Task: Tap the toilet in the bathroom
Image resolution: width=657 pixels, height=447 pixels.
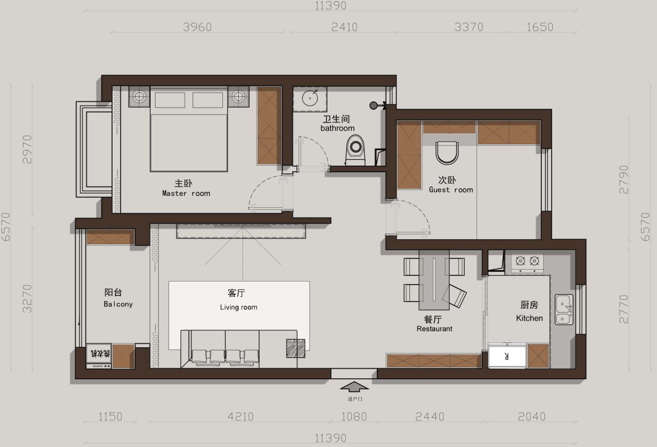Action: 356,150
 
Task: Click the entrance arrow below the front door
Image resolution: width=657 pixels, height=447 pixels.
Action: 354,387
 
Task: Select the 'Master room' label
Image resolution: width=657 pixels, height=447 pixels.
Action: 186,194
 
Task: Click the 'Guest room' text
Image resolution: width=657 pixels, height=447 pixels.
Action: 451,190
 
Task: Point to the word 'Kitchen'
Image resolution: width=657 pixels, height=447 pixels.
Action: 529,318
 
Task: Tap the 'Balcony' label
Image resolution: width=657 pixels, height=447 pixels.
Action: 118,304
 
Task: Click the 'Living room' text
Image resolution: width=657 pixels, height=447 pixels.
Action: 239,307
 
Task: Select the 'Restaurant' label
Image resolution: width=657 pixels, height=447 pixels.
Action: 434,329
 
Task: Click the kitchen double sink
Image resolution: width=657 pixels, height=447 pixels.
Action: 564,310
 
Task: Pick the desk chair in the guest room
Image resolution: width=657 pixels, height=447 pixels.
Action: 447,152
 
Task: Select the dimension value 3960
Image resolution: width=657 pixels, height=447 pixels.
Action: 198,27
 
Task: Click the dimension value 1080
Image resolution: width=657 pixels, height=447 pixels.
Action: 354,417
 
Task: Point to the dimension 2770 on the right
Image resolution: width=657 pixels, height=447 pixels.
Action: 624,309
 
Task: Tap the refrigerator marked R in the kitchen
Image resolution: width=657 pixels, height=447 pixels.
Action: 507,356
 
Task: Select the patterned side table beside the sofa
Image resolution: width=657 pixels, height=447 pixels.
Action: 296,348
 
